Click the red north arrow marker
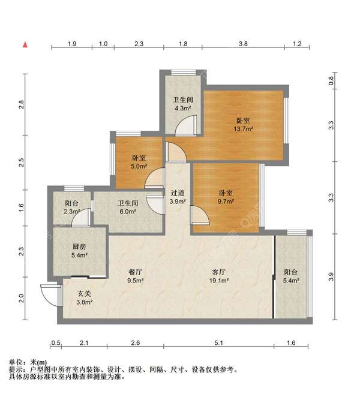coord(25,45)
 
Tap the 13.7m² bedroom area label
coord(244,129)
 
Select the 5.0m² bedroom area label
coord(139,166)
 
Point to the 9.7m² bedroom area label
coord(226,201)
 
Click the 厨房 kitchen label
coord(79,246)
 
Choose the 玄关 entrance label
coord(84,293)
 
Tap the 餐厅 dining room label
coord(135,272)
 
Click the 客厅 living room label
coord(219,272)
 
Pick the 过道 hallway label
coord(178,193)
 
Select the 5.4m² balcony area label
coord(291,281)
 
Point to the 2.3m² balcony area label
coord(71,212)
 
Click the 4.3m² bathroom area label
coord(183,109)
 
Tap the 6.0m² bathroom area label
coord(128,212)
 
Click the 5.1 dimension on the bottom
coord(219,343)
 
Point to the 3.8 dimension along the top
coord(243,44)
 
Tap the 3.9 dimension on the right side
coord(331,276)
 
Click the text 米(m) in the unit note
coord(38,362)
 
